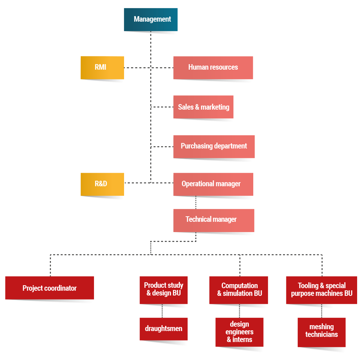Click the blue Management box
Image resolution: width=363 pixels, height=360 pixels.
pyautogui.click(x=150, y=19)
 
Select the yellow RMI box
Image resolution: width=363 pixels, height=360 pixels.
pyautogui.click(x=102, y=67)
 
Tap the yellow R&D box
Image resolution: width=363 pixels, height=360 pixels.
pyautogui.click(x=102, y=184)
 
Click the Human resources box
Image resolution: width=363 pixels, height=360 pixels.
pyautogui.click(x=213, y=67)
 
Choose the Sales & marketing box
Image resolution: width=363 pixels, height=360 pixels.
pyautogui.click(x=203, y=107)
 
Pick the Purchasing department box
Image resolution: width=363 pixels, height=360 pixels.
pyautogui.click(x=214, y=146)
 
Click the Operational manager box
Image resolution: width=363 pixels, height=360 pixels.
pyautogui.click(x=213, y=184)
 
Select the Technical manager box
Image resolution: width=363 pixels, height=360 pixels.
pyautogui.click(x=213, y=220)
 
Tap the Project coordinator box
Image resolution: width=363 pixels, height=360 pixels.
pyautogui.click(x=50, y=288)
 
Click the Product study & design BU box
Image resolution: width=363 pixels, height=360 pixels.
pyautogui.click(x=163, y=290)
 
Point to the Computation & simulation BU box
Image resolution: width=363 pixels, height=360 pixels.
pyautogui.click(x=239, y=290)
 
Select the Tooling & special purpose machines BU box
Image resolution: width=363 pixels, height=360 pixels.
pyautogui.click(x=321, y=290)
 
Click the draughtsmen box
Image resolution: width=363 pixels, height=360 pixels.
pyautogui.click(x=163, y=329)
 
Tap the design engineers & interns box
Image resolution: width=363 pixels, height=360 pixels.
pyautogui.click(x=239, y=332)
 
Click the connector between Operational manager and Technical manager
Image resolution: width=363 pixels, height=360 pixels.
pyautogui.click(x=196, y=202)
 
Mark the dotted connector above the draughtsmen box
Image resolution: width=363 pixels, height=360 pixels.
pyautogui.click(x=162, y=311)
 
